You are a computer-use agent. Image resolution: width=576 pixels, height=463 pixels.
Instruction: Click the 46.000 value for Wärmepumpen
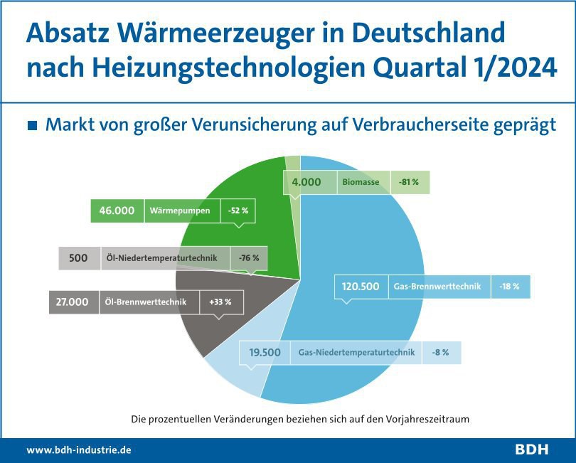117,211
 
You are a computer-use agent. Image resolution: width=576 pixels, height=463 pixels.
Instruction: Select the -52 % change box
238,211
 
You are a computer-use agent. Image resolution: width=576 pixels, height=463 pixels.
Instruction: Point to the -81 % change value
409,182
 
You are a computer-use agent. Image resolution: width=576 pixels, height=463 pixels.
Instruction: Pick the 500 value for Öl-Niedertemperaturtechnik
78,258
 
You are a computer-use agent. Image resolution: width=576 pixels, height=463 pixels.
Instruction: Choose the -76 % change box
249,258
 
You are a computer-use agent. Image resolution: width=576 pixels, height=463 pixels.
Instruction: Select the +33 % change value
220,302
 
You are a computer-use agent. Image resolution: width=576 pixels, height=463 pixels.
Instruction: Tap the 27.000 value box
73,302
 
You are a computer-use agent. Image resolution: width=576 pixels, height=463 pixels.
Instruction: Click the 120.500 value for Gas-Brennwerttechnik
361,286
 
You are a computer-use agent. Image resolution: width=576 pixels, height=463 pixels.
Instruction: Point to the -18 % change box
511,286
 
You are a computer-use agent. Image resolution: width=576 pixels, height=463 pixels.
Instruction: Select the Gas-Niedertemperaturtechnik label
356,352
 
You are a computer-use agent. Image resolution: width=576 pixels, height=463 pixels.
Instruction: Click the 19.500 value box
265,352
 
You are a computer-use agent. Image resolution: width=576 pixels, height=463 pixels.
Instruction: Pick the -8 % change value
440,352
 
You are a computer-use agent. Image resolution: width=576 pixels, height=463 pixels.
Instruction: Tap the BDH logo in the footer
531,449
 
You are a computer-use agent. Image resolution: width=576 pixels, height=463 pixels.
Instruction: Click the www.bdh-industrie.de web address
79,449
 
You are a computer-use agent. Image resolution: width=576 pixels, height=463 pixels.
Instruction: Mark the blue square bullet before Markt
33,125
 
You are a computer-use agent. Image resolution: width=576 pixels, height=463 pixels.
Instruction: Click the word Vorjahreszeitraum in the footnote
427,419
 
